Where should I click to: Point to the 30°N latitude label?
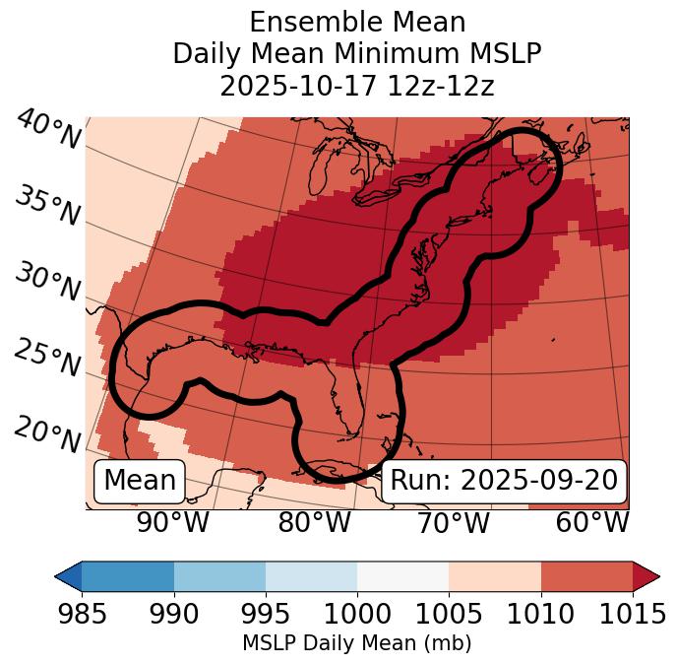click(47, 283)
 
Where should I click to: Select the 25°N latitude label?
click(47, 359)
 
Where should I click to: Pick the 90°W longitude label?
click(173, 523)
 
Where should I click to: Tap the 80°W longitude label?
click(314, 523)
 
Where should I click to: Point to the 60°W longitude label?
click(592, 523)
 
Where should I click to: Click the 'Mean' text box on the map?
click(140, 481)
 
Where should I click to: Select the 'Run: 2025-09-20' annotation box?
click(504, 481)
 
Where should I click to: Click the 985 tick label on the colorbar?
click(83, 615)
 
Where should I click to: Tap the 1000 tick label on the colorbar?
click(357, 615)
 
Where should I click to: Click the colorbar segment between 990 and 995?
click(219, 575)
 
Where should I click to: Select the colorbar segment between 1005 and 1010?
click(495, 575)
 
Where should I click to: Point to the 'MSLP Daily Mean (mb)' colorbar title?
click(357, 643)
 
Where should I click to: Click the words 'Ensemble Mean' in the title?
click(357, 22)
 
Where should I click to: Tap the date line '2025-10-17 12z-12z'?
click(357, 86)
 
